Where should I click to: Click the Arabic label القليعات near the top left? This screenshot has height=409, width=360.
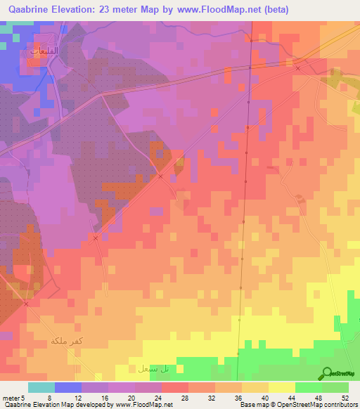click(x=44, y=51)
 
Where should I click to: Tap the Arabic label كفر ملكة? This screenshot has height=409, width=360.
click(x=67, y=341)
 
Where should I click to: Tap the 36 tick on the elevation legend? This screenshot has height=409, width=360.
click(x=241, y=398)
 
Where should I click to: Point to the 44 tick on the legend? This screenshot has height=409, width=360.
click(x=295, y=398)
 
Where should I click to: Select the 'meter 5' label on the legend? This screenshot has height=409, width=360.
click(x=13, y=398)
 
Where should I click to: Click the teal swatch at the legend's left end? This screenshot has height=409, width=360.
click(x=41, y=387)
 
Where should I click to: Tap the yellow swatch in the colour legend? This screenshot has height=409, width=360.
click(x=281, y=387)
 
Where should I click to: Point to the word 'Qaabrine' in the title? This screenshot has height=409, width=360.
click(x=30, y=10)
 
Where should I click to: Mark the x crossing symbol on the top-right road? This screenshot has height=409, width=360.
click(x=297, y=69)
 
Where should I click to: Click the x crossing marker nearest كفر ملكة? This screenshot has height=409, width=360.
click(x=25, y=304)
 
